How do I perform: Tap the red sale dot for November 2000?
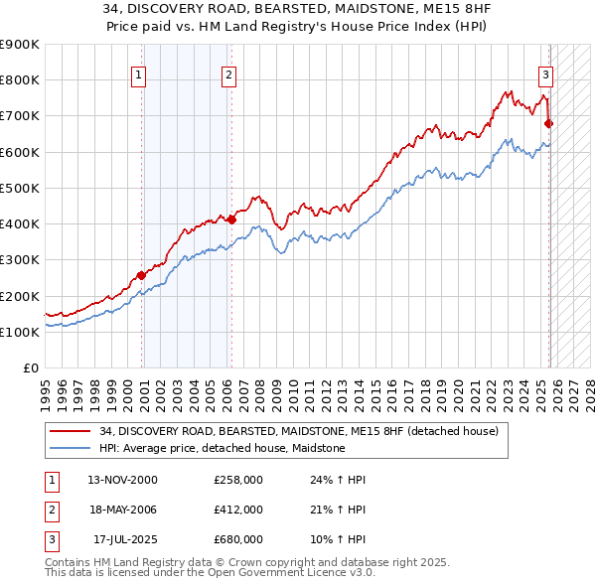point(141,275)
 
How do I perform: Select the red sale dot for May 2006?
point(231,220)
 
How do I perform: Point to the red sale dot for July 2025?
point(549,123)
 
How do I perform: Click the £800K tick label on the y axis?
point(20,80)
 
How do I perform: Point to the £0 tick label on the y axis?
point(30,368)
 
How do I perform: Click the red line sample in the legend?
point(71,431)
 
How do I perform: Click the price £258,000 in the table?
point(238,480)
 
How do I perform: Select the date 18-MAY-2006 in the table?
point(122,510)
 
